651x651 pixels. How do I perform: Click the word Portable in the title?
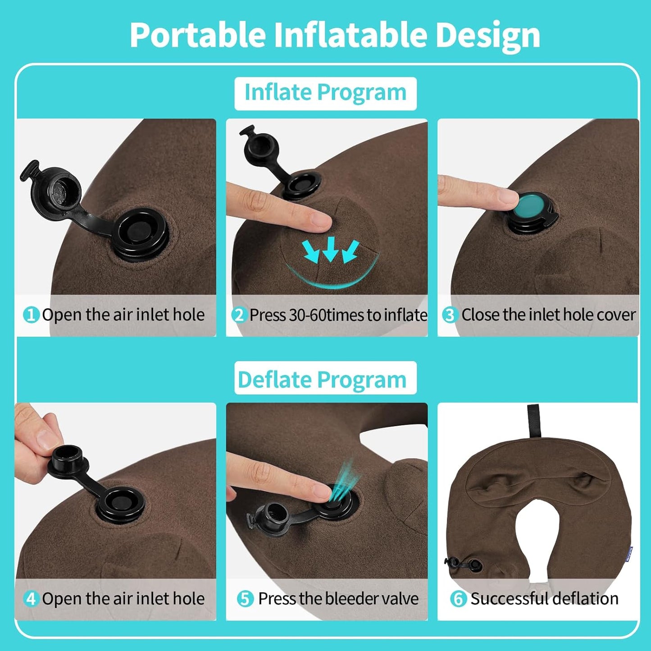[197, 35]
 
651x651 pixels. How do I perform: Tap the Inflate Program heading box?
[325, 93]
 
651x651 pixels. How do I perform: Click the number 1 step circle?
[31, 314]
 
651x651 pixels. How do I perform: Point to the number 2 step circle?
[239, 315]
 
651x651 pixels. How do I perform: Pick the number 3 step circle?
[450, 315]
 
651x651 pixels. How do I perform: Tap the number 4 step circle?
[31, 599]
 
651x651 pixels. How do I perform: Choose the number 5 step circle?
[245, 599]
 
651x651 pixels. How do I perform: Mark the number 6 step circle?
[458, 599]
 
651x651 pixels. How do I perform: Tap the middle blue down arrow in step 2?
[331, 249]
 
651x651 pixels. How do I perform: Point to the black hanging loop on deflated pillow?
[534, 421]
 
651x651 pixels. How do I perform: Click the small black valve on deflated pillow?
[464, 564]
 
